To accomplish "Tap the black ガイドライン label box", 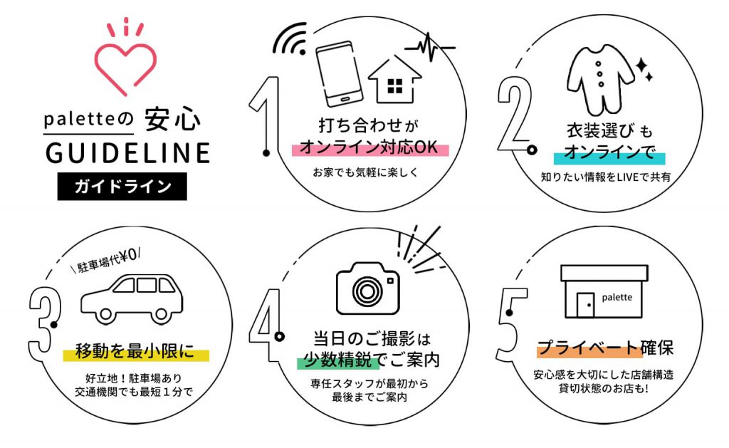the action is [x=122, y=187].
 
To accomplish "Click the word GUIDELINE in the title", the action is [x=128, y=153].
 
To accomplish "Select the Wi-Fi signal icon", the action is [x=290, y=39].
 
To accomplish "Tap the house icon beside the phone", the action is [x=395, y=79].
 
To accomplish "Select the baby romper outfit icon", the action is [x=600, y=80].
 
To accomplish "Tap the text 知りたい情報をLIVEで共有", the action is [x=605, y=177].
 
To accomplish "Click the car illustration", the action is [x=132, y=298].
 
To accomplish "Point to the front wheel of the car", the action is [x=105, y=315].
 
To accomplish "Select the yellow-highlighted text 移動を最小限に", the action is [x=135, y=352].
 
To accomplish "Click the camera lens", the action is [x=367, y=291].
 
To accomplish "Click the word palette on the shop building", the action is [x=617, y=297].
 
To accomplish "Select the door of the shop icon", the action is [x=586, y=305].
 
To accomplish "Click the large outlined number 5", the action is [x=511, y=325].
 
